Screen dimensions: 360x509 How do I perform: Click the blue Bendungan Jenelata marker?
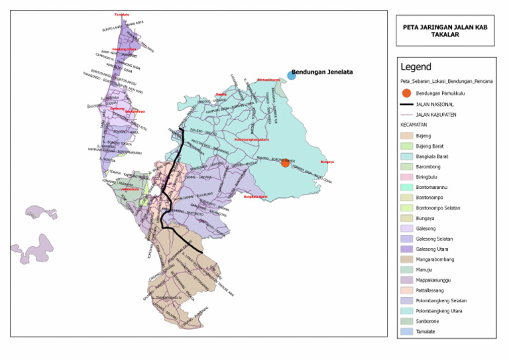tap(292, 76)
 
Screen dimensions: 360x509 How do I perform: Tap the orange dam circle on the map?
tap(285, 162)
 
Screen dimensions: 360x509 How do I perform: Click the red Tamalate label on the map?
tap(121, 15)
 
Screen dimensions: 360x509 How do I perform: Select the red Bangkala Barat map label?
tap(255, 196)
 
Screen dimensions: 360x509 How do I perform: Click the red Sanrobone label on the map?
tap(130, 189)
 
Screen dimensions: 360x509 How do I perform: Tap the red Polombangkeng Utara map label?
tap(252, 140)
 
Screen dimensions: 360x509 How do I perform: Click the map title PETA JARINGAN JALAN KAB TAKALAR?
tap(445, 31)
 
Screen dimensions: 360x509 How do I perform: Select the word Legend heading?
tap(416, 67)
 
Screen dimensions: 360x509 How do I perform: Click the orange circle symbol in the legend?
tap(407, 93)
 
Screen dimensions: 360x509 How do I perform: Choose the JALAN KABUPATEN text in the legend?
tap(438, 115)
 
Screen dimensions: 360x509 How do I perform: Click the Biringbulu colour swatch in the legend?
tap(406, 177)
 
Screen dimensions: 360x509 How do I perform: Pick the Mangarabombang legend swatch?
tap(406, 259)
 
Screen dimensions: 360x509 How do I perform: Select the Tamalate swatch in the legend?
tap(406, 331)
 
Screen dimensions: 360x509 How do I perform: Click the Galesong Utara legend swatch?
tap(406, 249)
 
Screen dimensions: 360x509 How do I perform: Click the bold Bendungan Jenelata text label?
tap(322, 72)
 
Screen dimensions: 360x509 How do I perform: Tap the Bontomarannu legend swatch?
tap(406, 187)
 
